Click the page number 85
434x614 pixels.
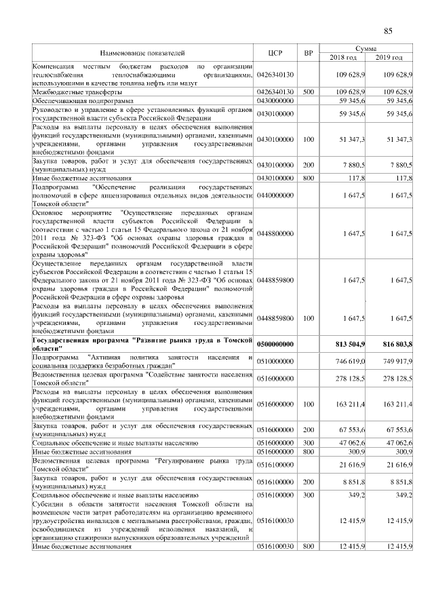click(389, 31)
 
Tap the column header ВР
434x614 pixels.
click(309, 52)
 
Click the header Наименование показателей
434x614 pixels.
click(142, 52)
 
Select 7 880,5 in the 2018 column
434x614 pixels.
click(354, 165)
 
